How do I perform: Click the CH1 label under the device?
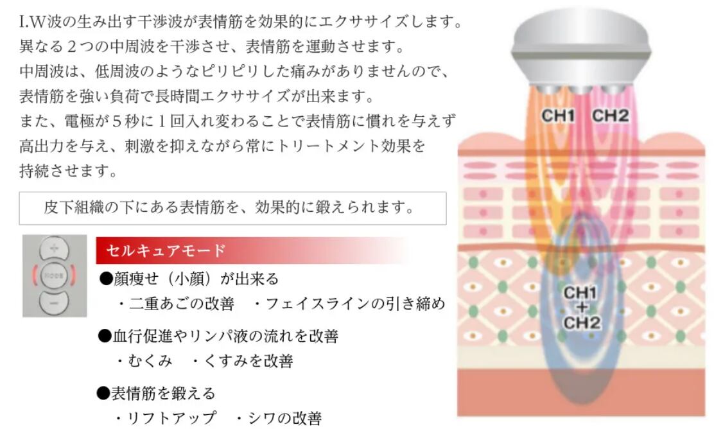pyautogui.click(x=557, y=116)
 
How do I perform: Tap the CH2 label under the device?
pyautogui.click(x=610, y=116)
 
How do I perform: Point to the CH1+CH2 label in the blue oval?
pyautogui.click(x=581, y=308)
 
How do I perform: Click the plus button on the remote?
pyautogui.click(x=55, y=249)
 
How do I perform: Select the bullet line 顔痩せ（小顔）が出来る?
pyautogui.click(x=189, y=279)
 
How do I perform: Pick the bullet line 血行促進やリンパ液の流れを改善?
pyautogui.click(x=218, y=335)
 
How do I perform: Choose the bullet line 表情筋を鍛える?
pyautogui.click(x=157, y=392)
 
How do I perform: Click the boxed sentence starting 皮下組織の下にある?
pyautogui.click(x=228, y=208)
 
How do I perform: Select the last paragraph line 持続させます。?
pyautogui.click(x=68, y=171)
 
